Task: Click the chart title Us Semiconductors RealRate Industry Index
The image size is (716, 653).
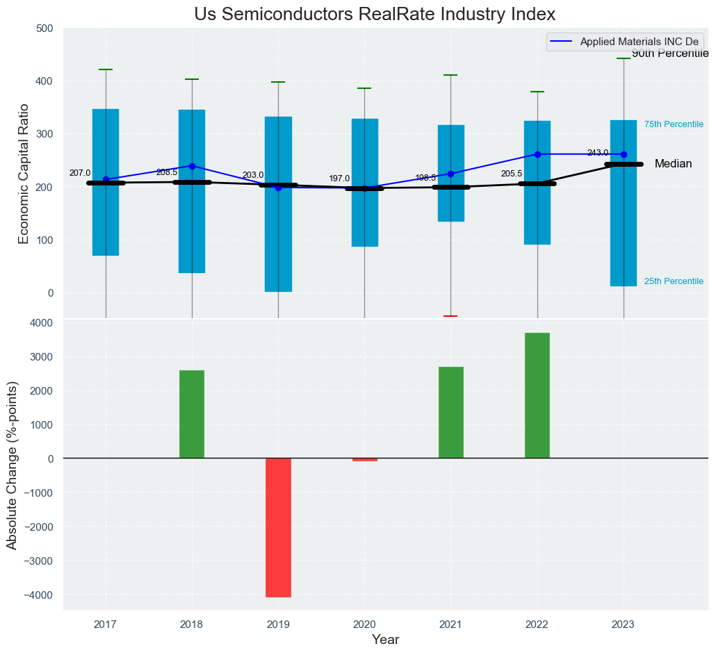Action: tap(375, 15)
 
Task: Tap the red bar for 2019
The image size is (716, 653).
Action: tap(278, 527)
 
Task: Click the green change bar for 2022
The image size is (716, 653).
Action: tap(537, 395)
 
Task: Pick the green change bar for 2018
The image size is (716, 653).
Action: tap(192, 414)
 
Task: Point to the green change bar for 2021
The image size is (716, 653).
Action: tap(451, 413)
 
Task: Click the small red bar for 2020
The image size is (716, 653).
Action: tap(364, 459)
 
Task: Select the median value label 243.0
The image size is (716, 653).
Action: tap(597, 153)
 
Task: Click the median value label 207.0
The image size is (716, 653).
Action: tap(80, 173)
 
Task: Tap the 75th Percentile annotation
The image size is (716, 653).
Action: tap(674, 124)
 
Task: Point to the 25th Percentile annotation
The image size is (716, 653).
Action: tap(674, 281)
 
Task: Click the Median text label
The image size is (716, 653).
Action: tap(673, 164)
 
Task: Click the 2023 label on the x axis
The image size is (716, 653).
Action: tap(623, 625)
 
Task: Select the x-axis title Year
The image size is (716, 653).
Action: tap(385, 640)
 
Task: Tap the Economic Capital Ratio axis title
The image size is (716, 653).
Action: tap(24, 173)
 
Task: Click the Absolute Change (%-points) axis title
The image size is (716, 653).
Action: tap(12, 465)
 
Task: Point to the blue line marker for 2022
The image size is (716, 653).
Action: tap(537, 154)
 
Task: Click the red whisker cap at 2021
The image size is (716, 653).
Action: tap(450, 316)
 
